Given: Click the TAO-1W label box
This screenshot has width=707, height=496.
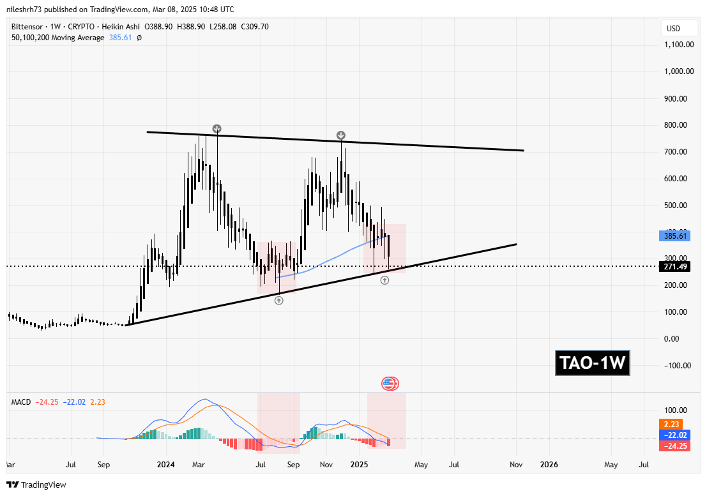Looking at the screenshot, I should click(593, 363).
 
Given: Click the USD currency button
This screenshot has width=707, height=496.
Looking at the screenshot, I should click(674, 29).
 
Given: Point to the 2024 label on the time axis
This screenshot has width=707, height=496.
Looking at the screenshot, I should click(165, 465).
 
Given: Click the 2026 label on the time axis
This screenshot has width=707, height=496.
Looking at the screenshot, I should click(549, 465).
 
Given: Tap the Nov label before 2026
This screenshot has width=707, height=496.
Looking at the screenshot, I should click(516, 465).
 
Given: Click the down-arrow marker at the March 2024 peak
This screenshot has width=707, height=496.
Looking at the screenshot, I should click(217, 129).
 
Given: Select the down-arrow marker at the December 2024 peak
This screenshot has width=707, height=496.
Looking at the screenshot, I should click(341, 135).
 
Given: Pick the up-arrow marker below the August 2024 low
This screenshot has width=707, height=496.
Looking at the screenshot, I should click(279, 300).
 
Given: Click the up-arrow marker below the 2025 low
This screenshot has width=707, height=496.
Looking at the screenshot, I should click(384, 280).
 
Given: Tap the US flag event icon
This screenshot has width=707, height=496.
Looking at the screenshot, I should click(390, 384).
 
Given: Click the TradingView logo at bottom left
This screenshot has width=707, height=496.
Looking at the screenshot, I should click(36, 485).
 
